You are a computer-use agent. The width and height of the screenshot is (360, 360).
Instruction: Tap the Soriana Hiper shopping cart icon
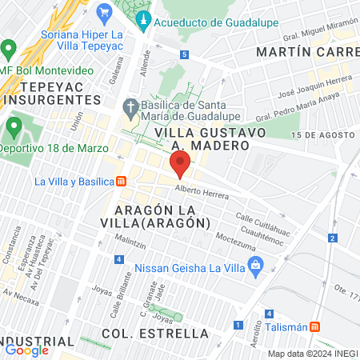pyautogui.click(x=103, y=12)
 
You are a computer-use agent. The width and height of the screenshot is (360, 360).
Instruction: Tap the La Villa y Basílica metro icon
pyautogui.click(x=121, y=181)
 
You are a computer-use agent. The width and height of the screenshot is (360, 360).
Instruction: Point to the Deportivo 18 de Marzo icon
pyautogui.click(x=14, y=127)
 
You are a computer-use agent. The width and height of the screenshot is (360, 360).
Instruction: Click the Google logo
pyautogui.click(x=26, y=350)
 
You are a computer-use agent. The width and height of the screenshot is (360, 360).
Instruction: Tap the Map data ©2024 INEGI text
pyautogui.click(x=311, y=354)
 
